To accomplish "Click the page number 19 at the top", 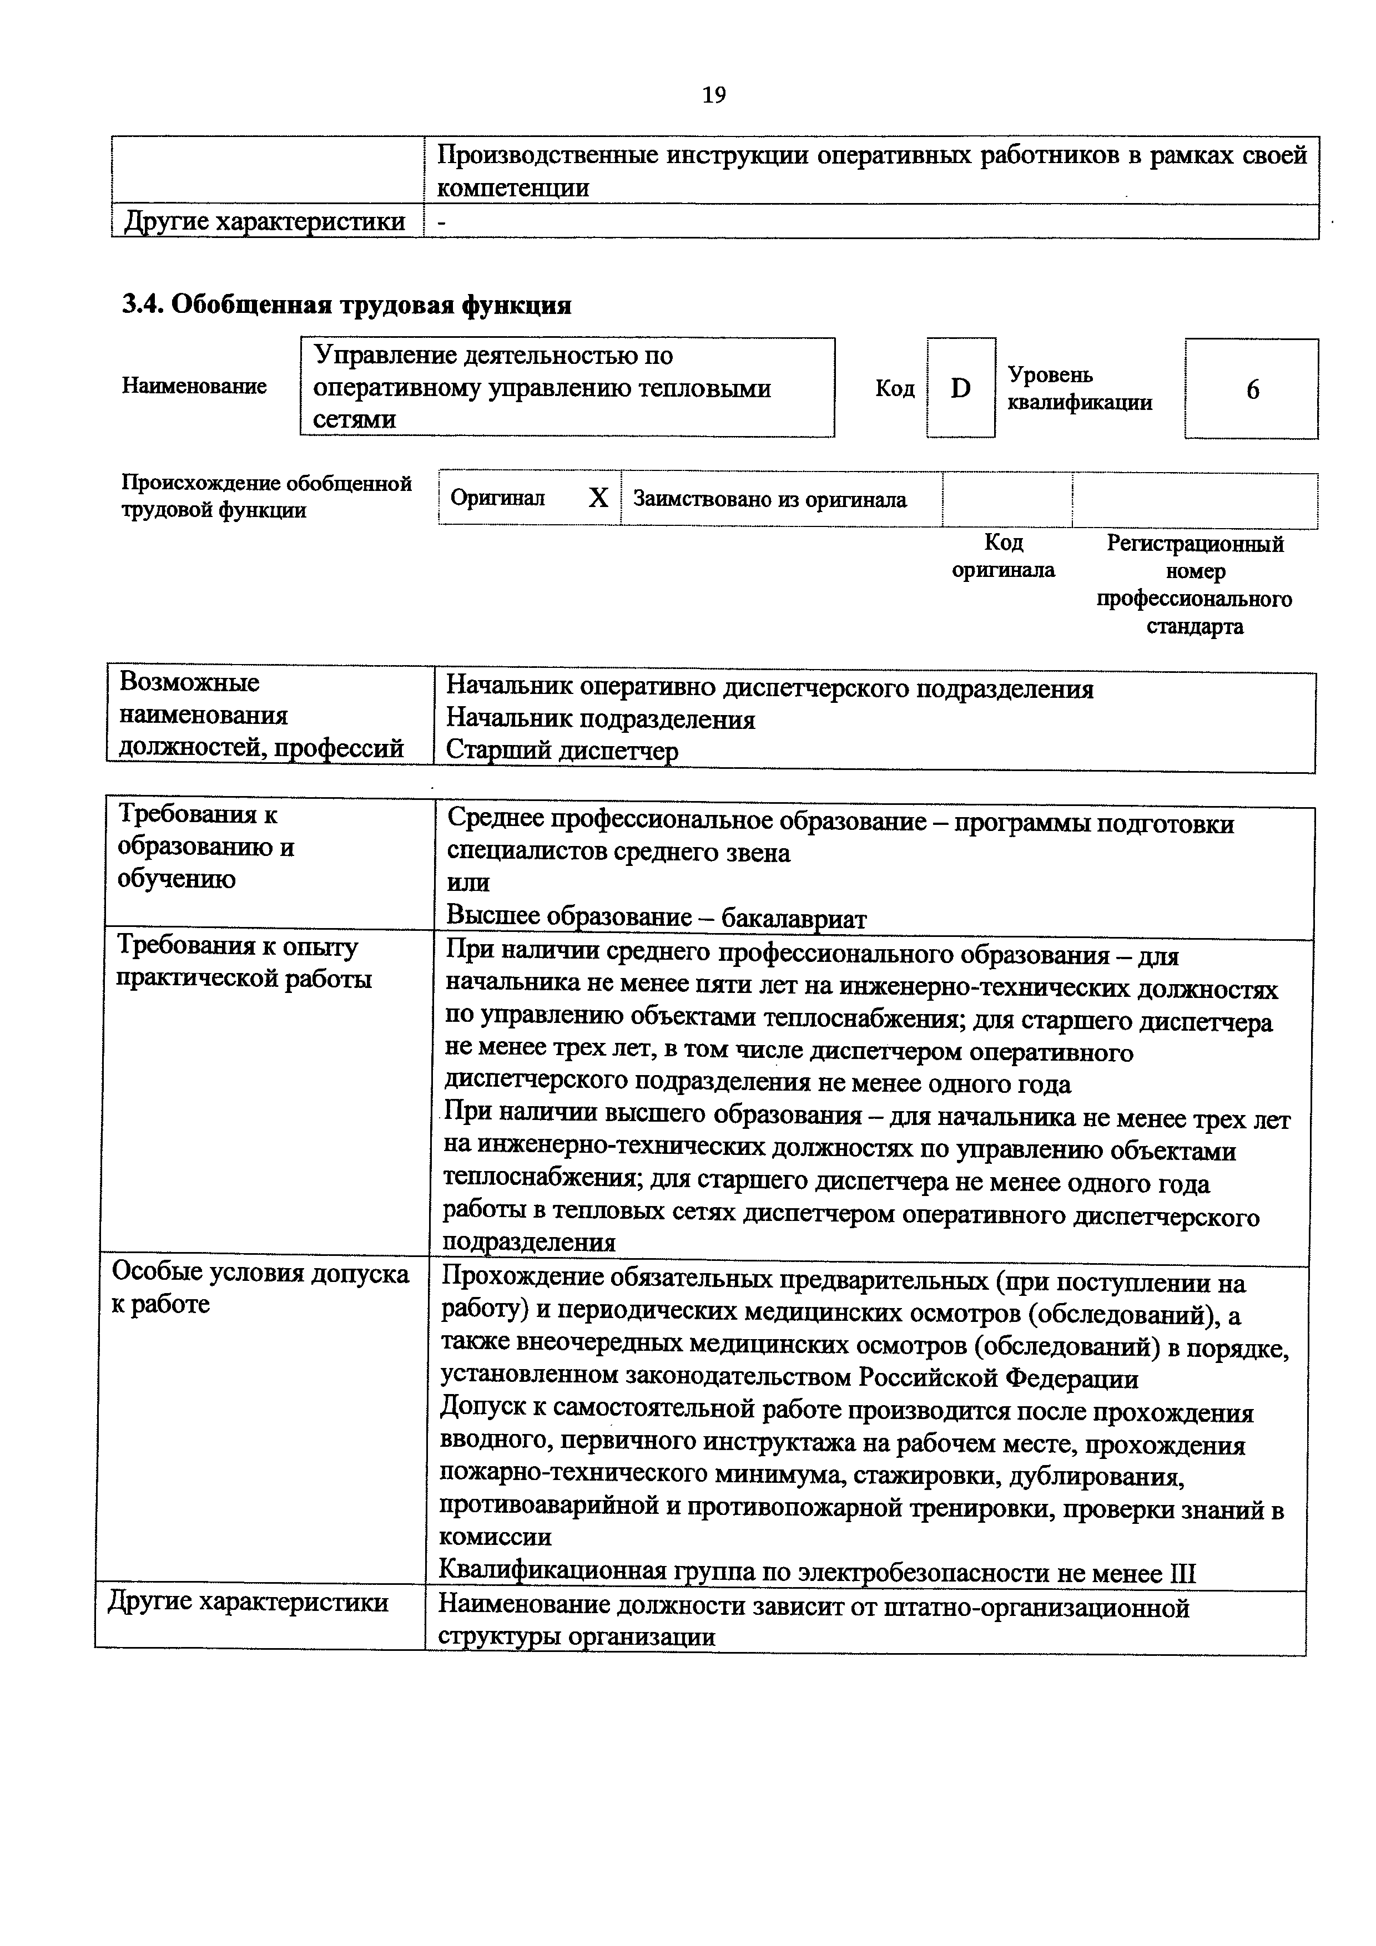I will pos(714,95).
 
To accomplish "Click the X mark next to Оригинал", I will pos(598,498).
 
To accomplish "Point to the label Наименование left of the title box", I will pos(194,387).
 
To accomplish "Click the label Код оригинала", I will pos(1003,555).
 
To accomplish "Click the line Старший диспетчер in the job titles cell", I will pos(562,751).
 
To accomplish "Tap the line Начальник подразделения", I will pos(600,719).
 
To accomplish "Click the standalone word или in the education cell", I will pos(468,883).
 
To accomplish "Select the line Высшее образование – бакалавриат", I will pos(656,917).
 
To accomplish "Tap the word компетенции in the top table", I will pos(513,187).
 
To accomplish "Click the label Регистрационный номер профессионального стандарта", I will pos(1194,585).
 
